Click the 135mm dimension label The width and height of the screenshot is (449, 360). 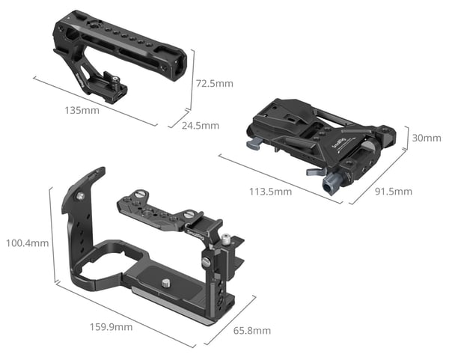[x=82, y=110]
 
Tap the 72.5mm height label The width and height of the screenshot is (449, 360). [x=215, y=84]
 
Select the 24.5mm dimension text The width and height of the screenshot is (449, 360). [x=201, y=126]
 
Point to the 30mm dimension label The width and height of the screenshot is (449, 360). [x=427, y=138]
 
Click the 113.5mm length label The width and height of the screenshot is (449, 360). [x=270, y=192]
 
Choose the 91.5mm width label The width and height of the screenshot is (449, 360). [x=394, y=192]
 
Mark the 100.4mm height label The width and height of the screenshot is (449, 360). [x=27, y=243]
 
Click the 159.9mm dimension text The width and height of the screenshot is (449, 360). [x=111, y=327]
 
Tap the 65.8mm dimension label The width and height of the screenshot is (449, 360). [x=252, y=331]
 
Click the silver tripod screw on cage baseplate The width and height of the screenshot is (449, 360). [x=166, y=284]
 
